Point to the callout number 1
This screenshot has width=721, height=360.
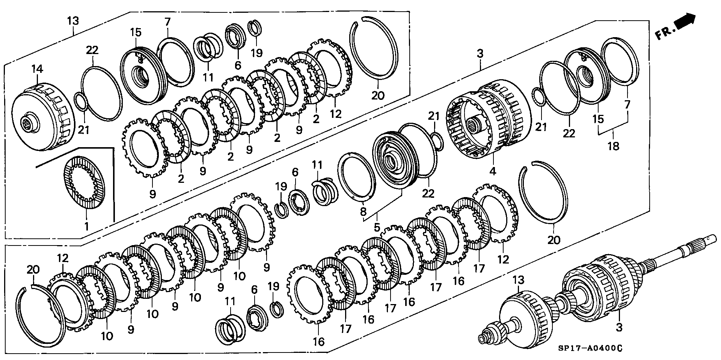[x=86, y=226]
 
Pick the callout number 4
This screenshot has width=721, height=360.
[x=493, y=172]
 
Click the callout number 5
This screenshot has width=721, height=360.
[x=377, y=227]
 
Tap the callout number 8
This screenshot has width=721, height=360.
[x=363, y=212]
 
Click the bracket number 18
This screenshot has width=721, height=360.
[x=613, y=145]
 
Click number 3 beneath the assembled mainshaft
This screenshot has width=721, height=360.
[x=619, y=327]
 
